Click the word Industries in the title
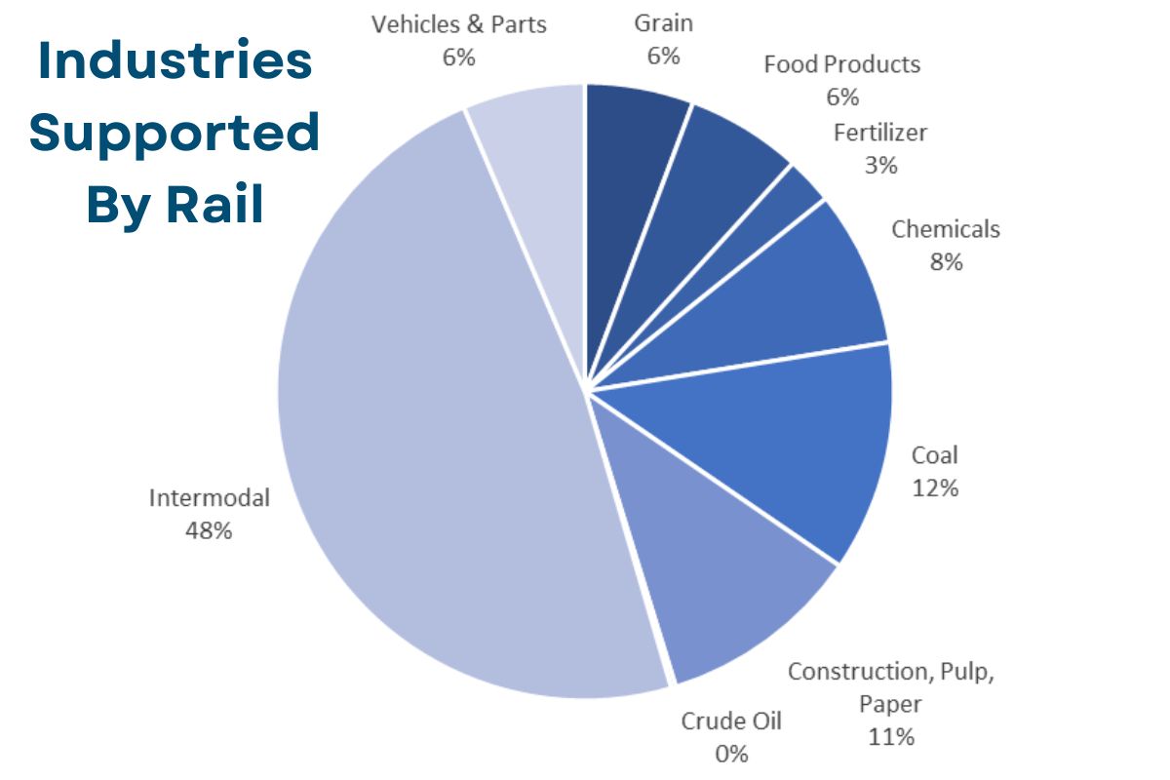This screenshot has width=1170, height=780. point(175,61)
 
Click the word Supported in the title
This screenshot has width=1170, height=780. point(175,133)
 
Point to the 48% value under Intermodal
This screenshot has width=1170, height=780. point(209,531)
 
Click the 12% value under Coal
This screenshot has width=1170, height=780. point(935,487)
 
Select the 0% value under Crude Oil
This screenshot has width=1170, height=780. point(731,754)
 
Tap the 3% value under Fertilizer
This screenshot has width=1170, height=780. point(880,166)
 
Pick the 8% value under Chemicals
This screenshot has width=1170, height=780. point(946,261)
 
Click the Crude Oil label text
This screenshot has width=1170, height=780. point(731,721)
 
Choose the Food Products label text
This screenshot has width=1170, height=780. point(842,64)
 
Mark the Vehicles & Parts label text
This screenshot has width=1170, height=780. point(458,24)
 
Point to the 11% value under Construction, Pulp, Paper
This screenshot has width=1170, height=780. point(891,736)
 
